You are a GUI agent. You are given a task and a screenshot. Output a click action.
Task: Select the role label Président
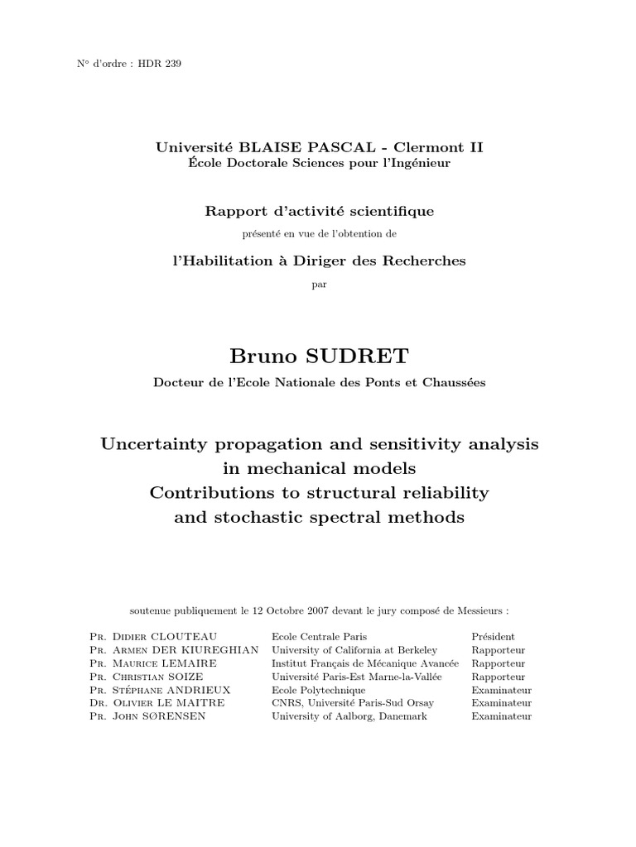tap(493, 637)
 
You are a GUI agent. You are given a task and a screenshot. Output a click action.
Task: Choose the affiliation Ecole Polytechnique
tap(318, 690)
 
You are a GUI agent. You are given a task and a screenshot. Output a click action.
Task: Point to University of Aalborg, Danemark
tap(349, 716)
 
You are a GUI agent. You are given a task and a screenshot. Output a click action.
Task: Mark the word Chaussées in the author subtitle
tap(453, 382)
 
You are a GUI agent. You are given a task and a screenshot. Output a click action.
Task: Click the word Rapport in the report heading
tap(233, 211)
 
